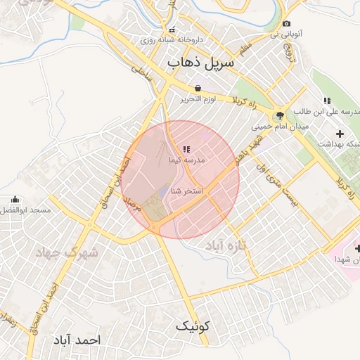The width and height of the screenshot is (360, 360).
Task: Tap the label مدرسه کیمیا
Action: [186, 160]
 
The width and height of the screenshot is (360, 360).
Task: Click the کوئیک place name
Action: [192, 326]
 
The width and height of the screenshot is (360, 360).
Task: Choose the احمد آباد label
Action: [76, 340]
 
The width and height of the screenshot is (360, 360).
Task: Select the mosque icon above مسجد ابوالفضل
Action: [15, 200]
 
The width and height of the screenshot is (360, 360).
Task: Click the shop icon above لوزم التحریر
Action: [198, 88]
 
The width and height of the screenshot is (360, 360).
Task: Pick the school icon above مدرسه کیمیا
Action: [186, 149]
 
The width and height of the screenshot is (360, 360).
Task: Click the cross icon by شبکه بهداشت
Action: [340, 134]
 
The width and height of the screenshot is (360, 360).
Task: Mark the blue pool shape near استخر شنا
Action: [163, 191]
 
